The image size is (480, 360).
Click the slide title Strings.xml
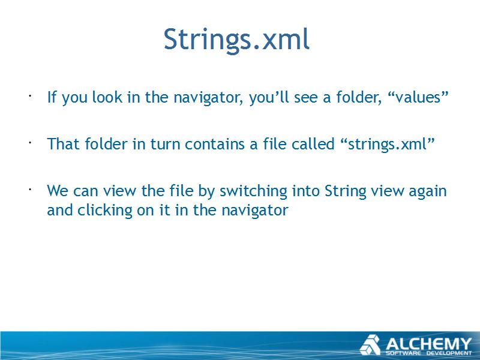click(x=236, y=39)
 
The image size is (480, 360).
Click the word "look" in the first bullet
click(x=107, y=97)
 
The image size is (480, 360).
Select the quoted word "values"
click(x=418, y=97)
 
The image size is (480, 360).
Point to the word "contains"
click(x=215, y=144)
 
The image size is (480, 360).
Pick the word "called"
click(x=313, y=143)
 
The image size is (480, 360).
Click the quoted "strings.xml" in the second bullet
click(x=387, y=144)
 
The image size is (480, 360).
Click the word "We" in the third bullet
click(x=58, y=191)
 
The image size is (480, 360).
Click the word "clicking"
click(x=104, y=211)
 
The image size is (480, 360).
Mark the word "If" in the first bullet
click(x=52, y=97)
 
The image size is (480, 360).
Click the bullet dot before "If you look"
click(x=30, y=96)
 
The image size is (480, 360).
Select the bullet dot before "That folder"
click(x=30, y=143)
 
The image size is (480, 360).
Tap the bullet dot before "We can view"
click(x=30, y=190)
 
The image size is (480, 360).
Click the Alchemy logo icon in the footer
click(x=370, y=345)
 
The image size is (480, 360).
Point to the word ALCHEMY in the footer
click(x=428, y=344)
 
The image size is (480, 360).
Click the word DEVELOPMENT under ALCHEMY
click(x=449, y=353)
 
